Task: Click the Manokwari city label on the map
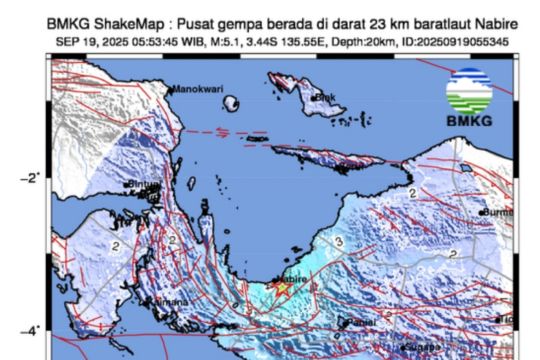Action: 196,90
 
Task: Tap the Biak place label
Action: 327,96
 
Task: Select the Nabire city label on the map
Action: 291,281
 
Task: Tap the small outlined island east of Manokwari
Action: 232,103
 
